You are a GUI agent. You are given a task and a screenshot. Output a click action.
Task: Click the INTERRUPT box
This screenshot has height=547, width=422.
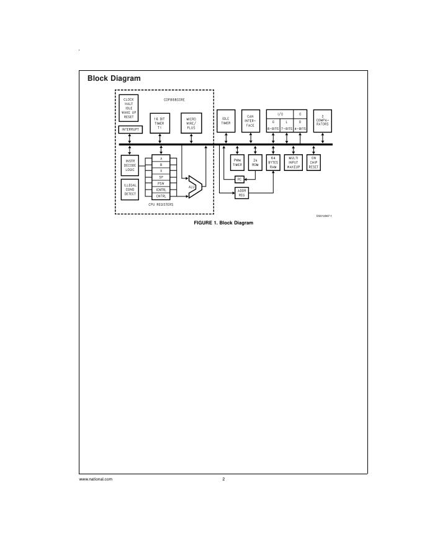(130, 129)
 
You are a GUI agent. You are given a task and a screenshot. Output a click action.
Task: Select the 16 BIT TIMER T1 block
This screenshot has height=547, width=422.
(160, 122)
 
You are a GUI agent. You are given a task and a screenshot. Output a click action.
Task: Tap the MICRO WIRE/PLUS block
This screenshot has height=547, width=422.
(191, 122)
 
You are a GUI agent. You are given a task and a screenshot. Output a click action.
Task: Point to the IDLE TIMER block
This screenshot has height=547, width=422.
(226, 121)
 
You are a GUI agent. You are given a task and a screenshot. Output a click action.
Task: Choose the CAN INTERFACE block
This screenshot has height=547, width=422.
(251, 120)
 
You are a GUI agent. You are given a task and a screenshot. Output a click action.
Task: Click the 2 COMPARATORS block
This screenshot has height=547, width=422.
(322, 120)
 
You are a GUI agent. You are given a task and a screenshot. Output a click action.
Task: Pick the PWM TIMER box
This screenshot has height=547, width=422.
(238, 163)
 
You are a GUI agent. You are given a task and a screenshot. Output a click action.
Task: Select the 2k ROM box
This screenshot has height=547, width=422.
(255, 163)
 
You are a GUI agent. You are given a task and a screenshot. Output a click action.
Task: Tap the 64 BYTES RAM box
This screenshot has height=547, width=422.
(273, 163)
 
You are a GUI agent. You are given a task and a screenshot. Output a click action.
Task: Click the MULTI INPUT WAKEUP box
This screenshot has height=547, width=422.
(294, 163)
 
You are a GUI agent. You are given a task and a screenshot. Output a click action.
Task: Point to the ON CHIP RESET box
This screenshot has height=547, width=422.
(314, 163)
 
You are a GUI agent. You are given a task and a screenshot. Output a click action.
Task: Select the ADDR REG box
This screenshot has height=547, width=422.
(242, 193)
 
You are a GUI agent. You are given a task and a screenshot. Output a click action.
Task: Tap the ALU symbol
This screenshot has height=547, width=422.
(194, 186)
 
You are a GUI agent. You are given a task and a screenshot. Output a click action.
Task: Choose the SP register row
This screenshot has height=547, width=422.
(161, 177)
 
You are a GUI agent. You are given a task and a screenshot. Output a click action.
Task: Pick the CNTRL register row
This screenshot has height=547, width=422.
(161, 196)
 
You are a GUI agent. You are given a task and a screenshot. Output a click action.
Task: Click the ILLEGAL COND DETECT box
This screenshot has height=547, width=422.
(130, 190)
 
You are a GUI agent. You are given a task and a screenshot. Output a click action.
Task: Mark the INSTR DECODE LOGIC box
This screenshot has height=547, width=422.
(130, 165)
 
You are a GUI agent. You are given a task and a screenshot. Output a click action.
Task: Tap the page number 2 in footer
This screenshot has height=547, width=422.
(223, 479)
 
